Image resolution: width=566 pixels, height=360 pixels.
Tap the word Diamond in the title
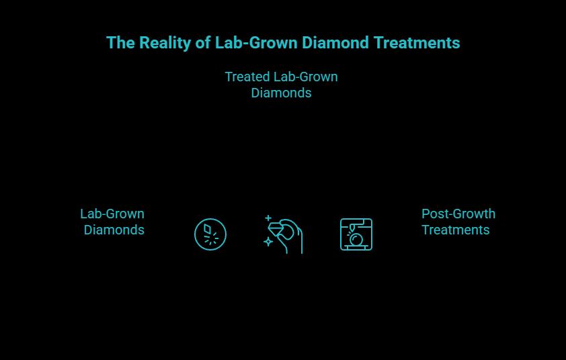coord(334,43)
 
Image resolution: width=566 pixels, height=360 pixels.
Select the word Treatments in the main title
coord(417,43)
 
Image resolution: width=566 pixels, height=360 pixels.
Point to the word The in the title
coord(121,43)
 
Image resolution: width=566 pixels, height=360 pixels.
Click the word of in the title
coord(203,43)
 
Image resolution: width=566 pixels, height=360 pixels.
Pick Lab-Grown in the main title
coord(256,43)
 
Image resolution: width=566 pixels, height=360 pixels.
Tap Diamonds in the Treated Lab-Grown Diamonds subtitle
coord(281,93)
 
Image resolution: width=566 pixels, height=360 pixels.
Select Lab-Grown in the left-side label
coord(112,214)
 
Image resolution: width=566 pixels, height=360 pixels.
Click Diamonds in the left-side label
coord(114,230)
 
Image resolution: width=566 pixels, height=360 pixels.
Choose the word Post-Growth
coord(458,214)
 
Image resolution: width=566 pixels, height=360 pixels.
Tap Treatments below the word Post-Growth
coord(456,230)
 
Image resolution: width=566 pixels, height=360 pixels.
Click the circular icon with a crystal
coord(210,234)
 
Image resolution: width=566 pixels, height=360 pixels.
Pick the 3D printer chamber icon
coord(356,234)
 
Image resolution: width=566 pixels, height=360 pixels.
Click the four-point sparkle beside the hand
coord(268,241)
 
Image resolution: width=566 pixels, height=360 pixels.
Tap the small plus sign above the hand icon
coord(268,218)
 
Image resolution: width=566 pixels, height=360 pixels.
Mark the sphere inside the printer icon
coord(357,240)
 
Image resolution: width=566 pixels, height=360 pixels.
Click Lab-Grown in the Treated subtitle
coord(310,77)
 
